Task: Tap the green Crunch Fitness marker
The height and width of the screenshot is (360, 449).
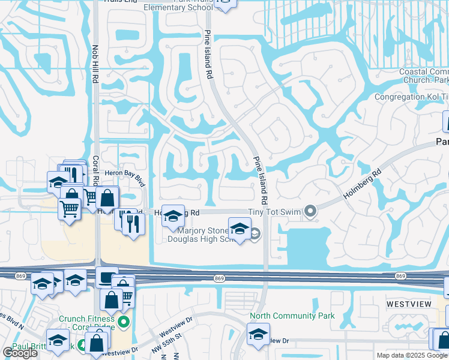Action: pyautogui.click(x=124, y=322)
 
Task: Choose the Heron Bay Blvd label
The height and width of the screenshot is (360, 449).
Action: pyautogui.click(x=125, y=172)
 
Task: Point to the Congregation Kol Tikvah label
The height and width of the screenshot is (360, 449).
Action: pyautogui.click(x=411, y=97)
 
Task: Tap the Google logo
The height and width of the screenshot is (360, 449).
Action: pyautogui.click(x=20, y=353)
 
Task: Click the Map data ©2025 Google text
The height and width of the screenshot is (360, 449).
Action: pyautogui.click(x=411, y=355)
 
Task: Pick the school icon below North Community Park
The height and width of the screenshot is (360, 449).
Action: pyautogui.click(x=258, y=333)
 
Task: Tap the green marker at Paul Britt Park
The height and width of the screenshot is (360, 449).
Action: pyautogui.click(x=81, y=346)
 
